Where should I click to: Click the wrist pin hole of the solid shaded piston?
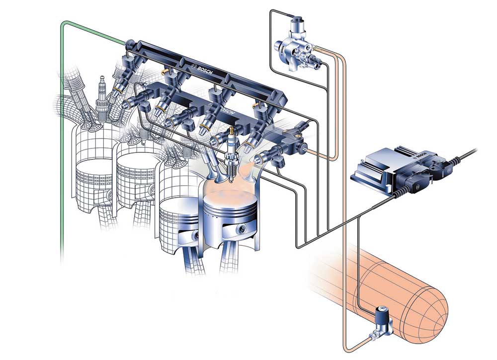(x=242, y=228)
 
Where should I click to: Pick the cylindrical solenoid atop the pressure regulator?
(x=298, y=23)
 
